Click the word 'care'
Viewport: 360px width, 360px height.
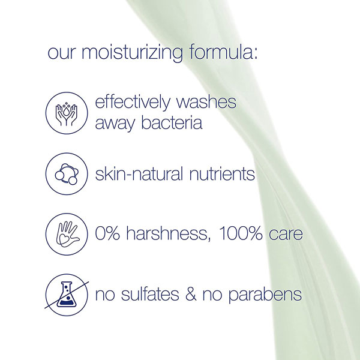[284, 234]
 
